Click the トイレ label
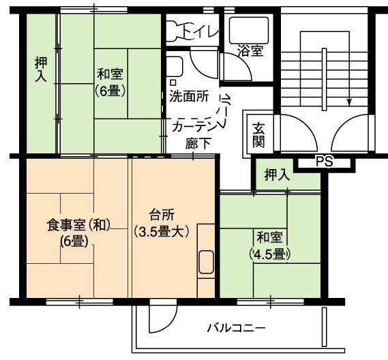pyautogui.click(x=200, y=32)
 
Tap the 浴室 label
pyautogui.click(x=250, y=50)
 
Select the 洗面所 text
pyautogui.click(x=189, y=95)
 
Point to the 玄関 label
pyautogui.click(x=258, y=135)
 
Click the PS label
pyautogui.click(x=325, y=162)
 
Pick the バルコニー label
pyautogui.click(x=237, y=329)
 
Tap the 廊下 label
pyautogui.click(x=198, y=143)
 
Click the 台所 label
pyautogui.click(x=162, y=215)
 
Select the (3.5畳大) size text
pyautogui.click(x=162, y=232)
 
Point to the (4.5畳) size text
pyautogui.click(x=270, y=254)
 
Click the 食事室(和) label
pyautogui.click(x=78, y=225)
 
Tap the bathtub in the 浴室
pyautogui.click(x=249, y=30)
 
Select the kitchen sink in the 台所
pyautogui.click(x=206, y=262)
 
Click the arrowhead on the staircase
pyautogui.click(x=349, y=102)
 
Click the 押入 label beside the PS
pyautogui.click(x=277, y=175)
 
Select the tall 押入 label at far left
pyautogui.click(x=41, y=70)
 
